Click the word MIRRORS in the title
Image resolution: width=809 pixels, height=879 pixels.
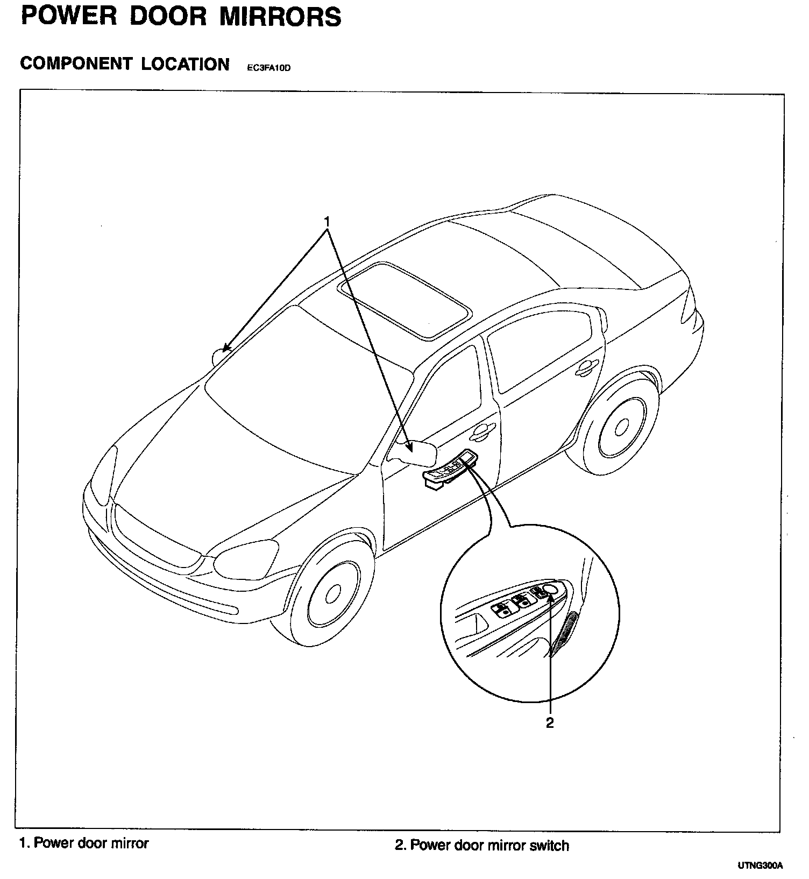click(x=280, y=17)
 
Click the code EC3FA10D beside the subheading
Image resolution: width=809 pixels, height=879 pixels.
click(x=268, y=68)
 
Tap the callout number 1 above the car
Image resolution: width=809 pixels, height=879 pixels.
click(x=326, y=221)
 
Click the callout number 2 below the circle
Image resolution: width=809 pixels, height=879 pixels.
click(x=549, y=722)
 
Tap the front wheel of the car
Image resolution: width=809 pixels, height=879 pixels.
click(x=333, y=593)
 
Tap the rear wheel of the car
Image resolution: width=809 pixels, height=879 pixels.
click(x=621, y=428)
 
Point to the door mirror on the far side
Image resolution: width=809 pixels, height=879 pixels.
click(x=221, y=356)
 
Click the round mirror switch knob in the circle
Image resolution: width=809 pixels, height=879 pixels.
click(x=550, y=590)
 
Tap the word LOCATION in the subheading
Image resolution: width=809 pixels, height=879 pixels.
click(x=185, y=64)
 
